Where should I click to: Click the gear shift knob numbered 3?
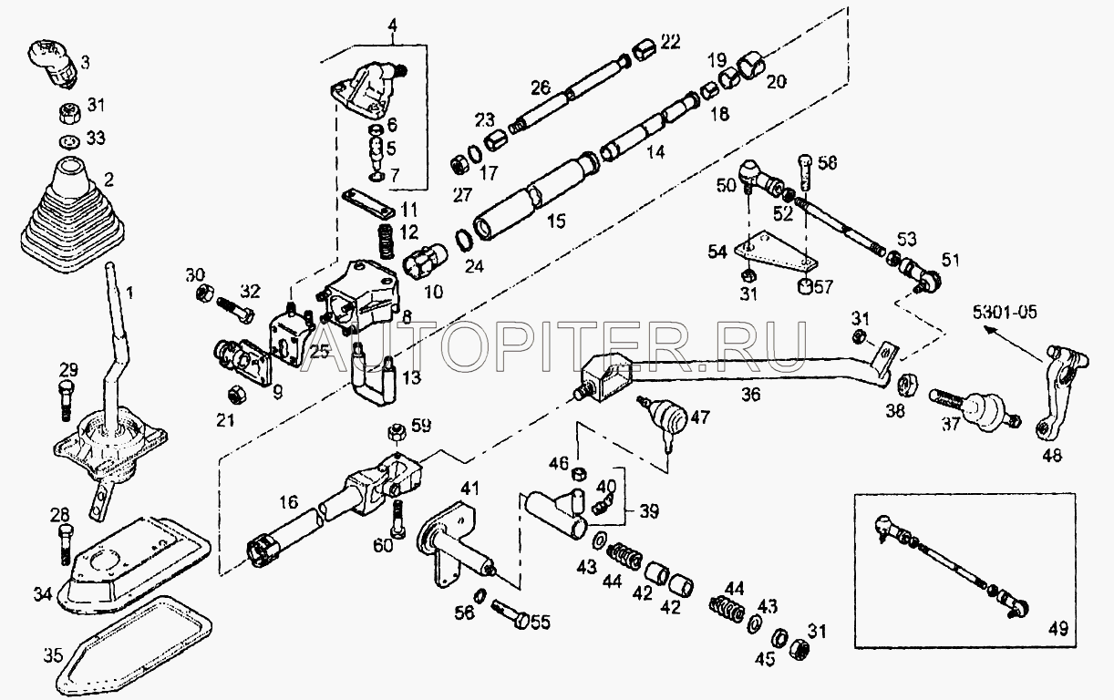(51, 65)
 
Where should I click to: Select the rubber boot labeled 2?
(72, 215)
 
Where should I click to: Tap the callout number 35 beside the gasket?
(53, 655)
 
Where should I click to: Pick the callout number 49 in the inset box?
(1057, 629)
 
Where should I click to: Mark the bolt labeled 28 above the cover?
(67, 545)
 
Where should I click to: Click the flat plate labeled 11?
(368, 203)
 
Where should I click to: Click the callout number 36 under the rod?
(751, 396)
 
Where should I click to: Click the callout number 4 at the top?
(393, 26)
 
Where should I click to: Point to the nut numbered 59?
(400, 434)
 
